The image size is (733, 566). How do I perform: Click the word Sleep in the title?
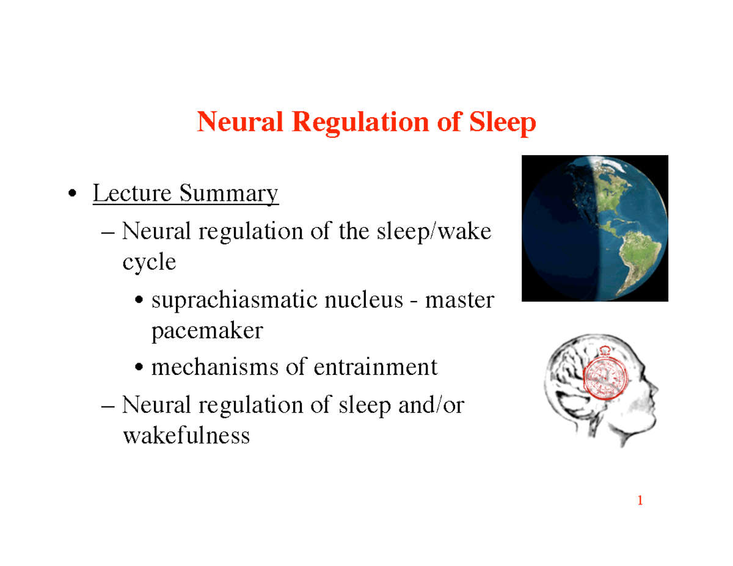502,123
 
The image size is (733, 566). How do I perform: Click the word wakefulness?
186,437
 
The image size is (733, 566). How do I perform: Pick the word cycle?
149,263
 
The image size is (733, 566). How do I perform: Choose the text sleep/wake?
440,231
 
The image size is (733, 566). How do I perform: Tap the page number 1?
640,502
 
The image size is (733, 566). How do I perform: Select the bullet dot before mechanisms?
139,368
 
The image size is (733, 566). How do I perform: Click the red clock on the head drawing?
605,378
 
